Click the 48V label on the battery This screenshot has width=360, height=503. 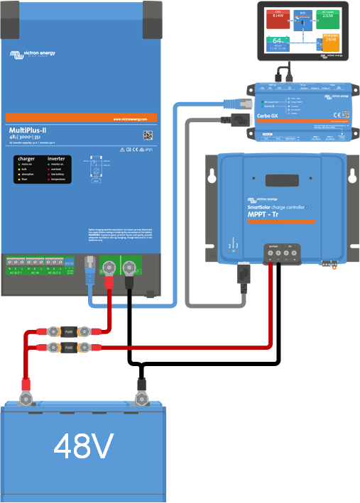tap(83, 447)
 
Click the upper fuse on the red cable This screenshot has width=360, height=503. tap(69, 331)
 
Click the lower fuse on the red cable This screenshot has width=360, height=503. tap(69, 347)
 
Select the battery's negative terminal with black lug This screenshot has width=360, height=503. tap(140, 387)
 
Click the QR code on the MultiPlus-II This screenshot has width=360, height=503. tap(148, 135)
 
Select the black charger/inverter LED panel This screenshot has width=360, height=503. tap(44, 170)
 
